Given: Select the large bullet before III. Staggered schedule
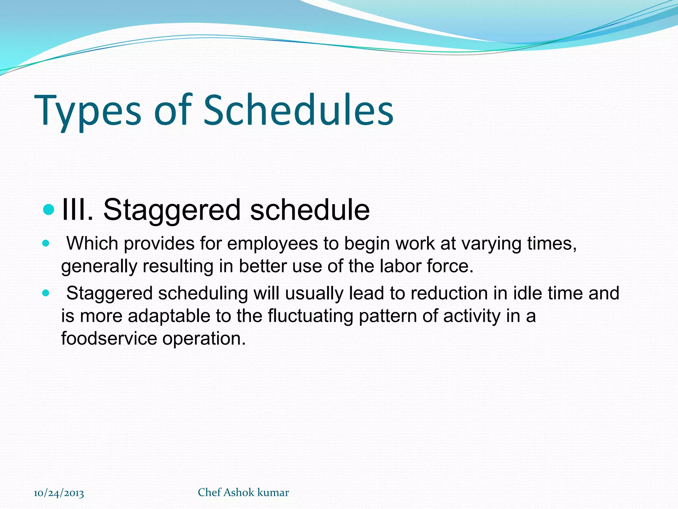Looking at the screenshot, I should [49, 209].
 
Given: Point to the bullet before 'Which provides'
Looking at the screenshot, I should [46, 244].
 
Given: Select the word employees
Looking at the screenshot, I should [272, 244].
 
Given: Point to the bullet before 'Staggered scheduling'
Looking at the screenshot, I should [46, 293].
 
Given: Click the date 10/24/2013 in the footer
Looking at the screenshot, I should [59, 493].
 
